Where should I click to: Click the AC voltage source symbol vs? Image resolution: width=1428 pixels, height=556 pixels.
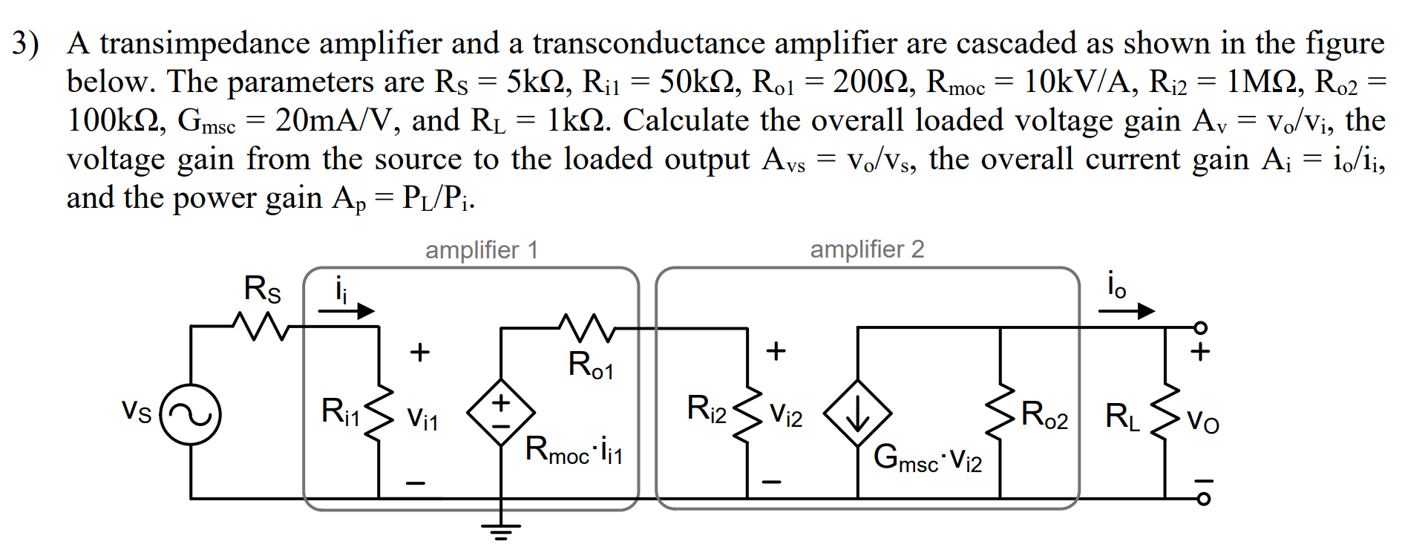tap(191, 415)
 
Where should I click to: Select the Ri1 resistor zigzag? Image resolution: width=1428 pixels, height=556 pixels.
tap(379, 413)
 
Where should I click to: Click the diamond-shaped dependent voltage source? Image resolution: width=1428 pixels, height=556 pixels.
tap(501, 413)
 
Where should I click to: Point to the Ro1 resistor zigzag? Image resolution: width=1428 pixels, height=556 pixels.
tap(586, 327)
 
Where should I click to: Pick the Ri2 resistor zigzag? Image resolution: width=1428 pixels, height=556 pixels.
tap(747, 413)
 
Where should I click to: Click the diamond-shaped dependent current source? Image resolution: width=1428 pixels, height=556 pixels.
tap(858, 413)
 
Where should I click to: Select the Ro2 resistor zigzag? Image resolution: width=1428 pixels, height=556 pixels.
tap(1000, 413)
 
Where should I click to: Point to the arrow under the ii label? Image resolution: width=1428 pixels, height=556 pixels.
tap(347, 310)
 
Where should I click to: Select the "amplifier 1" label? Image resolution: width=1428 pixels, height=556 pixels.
tap(481, 250)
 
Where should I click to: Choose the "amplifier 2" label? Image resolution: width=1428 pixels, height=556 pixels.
tap(867, 250)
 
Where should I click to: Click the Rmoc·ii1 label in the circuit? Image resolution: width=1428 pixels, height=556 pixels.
tap(574, 451)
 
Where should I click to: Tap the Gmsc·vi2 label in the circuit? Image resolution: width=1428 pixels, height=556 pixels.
tap(928, 458)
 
